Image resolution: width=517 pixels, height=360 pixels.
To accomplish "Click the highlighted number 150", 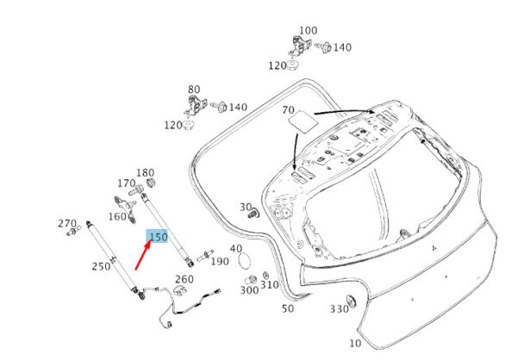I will [158, 237].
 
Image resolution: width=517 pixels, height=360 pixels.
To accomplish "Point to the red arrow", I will [144, 257].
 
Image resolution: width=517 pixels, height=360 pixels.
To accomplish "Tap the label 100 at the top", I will [308, 31].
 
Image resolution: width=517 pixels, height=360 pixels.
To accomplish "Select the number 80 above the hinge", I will [194, 89].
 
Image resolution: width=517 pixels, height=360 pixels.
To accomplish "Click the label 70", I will [289, 110].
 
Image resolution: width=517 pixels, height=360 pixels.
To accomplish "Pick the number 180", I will [145, 173].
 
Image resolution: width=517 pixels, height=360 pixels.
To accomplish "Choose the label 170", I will [127, 183].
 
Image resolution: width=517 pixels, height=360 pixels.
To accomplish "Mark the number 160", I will [117, 216].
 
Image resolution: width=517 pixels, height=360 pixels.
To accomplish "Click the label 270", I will [67, 223].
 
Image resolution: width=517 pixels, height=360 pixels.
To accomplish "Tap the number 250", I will [101, 266].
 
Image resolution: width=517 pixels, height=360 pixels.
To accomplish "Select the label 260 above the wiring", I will [184, 279].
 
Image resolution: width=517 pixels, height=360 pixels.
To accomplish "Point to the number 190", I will [219, 261].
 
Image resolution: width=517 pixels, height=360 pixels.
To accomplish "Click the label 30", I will [246, 208].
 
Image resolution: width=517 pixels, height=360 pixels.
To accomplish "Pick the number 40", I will [235, 249].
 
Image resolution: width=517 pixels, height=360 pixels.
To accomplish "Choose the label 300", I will [249, 290].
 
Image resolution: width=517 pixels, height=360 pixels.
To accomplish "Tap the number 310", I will [270, 285].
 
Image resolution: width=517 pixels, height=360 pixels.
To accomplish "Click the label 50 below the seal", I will [287, 307].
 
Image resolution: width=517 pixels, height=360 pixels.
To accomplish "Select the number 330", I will [338, 309].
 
